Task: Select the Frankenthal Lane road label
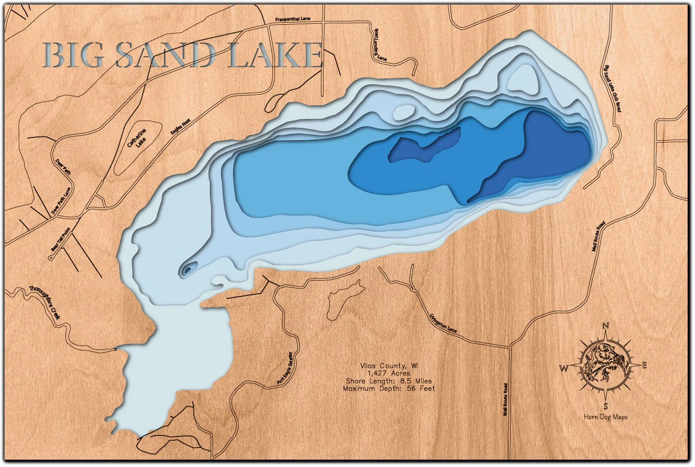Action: click(293, 19)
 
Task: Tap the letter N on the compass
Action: click(605, 325)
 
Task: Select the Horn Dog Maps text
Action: click(605, 417)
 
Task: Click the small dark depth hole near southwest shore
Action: click(188, 271)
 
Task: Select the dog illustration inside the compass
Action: click(605, 364)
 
